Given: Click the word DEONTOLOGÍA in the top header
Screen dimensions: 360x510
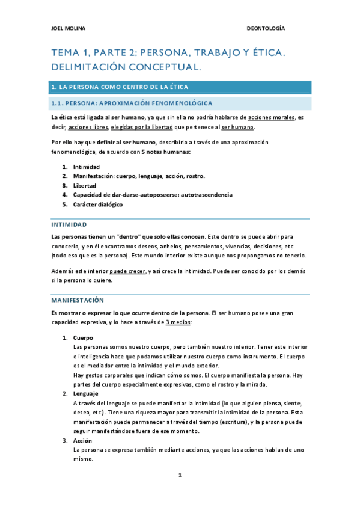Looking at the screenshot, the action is click(266, 28).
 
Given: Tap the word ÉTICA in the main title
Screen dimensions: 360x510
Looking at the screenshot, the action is click(263, 54).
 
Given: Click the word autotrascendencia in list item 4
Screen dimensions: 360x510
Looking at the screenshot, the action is click(203, 195).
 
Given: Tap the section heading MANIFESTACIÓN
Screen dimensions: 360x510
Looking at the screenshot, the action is click(78, 300).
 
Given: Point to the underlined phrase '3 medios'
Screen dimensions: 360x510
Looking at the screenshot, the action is click(178, 322).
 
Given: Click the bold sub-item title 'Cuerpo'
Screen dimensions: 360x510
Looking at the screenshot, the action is click(83, 337).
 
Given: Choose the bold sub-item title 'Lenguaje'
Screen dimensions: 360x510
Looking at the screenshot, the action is click(85, 393).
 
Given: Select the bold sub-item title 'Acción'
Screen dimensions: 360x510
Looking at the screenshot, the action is click(82, 440).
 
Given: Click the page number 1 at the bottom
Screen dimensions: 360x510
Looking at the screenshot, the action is click(180, 475).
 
